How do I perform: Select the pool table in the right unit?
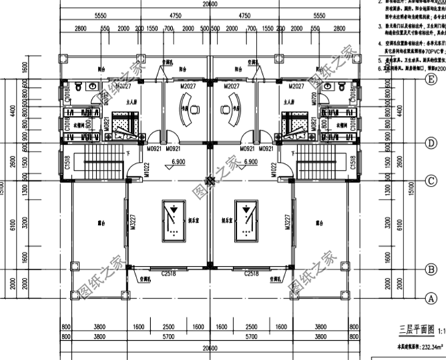click(246, 220)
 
